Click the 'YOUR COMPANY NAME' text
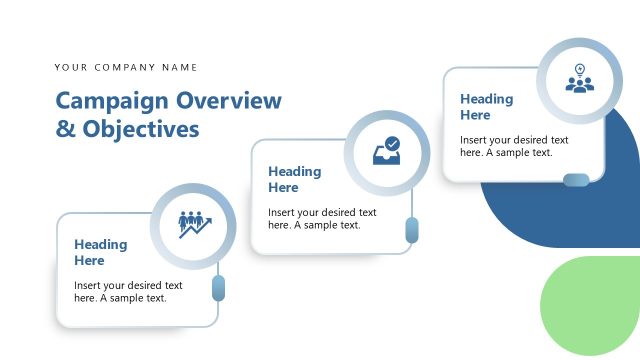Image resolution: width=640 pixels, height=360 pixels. pos(126,68)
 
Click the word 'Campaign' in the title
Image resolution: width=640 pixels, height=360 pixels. pos(112,101)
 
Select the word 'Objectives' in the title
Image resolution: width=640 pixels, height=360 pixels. pos(141,129)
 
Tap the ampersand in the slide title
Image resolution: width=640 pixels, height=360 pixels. pos(64,129)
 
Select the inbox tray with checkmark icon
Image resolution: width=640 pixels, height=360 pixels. pos(386,152)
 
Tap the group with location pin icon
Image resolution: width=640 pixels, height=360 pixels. pos(579,79)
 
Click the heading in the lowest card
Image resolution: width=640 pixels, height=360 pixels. pos(100,252)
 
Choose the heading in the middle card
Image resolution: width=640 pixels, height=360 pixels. pos(294,179)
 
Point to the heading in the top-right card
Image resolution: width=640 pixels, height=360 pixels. pos(487,106)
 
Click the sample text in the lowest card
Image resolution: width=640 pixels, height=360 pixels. pos(128,291)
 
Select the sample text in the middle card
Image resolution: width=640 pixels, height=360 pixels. pos(322,218)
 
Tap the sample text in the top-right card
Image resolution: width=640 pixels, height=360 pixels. pos(514,146)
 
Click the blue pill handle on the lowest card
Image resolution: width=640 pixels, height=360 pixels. pos(219,289)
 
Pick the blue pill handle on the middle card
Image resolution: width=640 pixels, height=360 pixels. pos(412,231)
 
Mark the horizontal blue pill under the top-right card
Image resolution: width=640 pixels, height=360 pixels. pos(576,180)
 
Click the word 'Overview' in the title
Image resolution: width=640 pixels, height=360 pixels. pos(229,101)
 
